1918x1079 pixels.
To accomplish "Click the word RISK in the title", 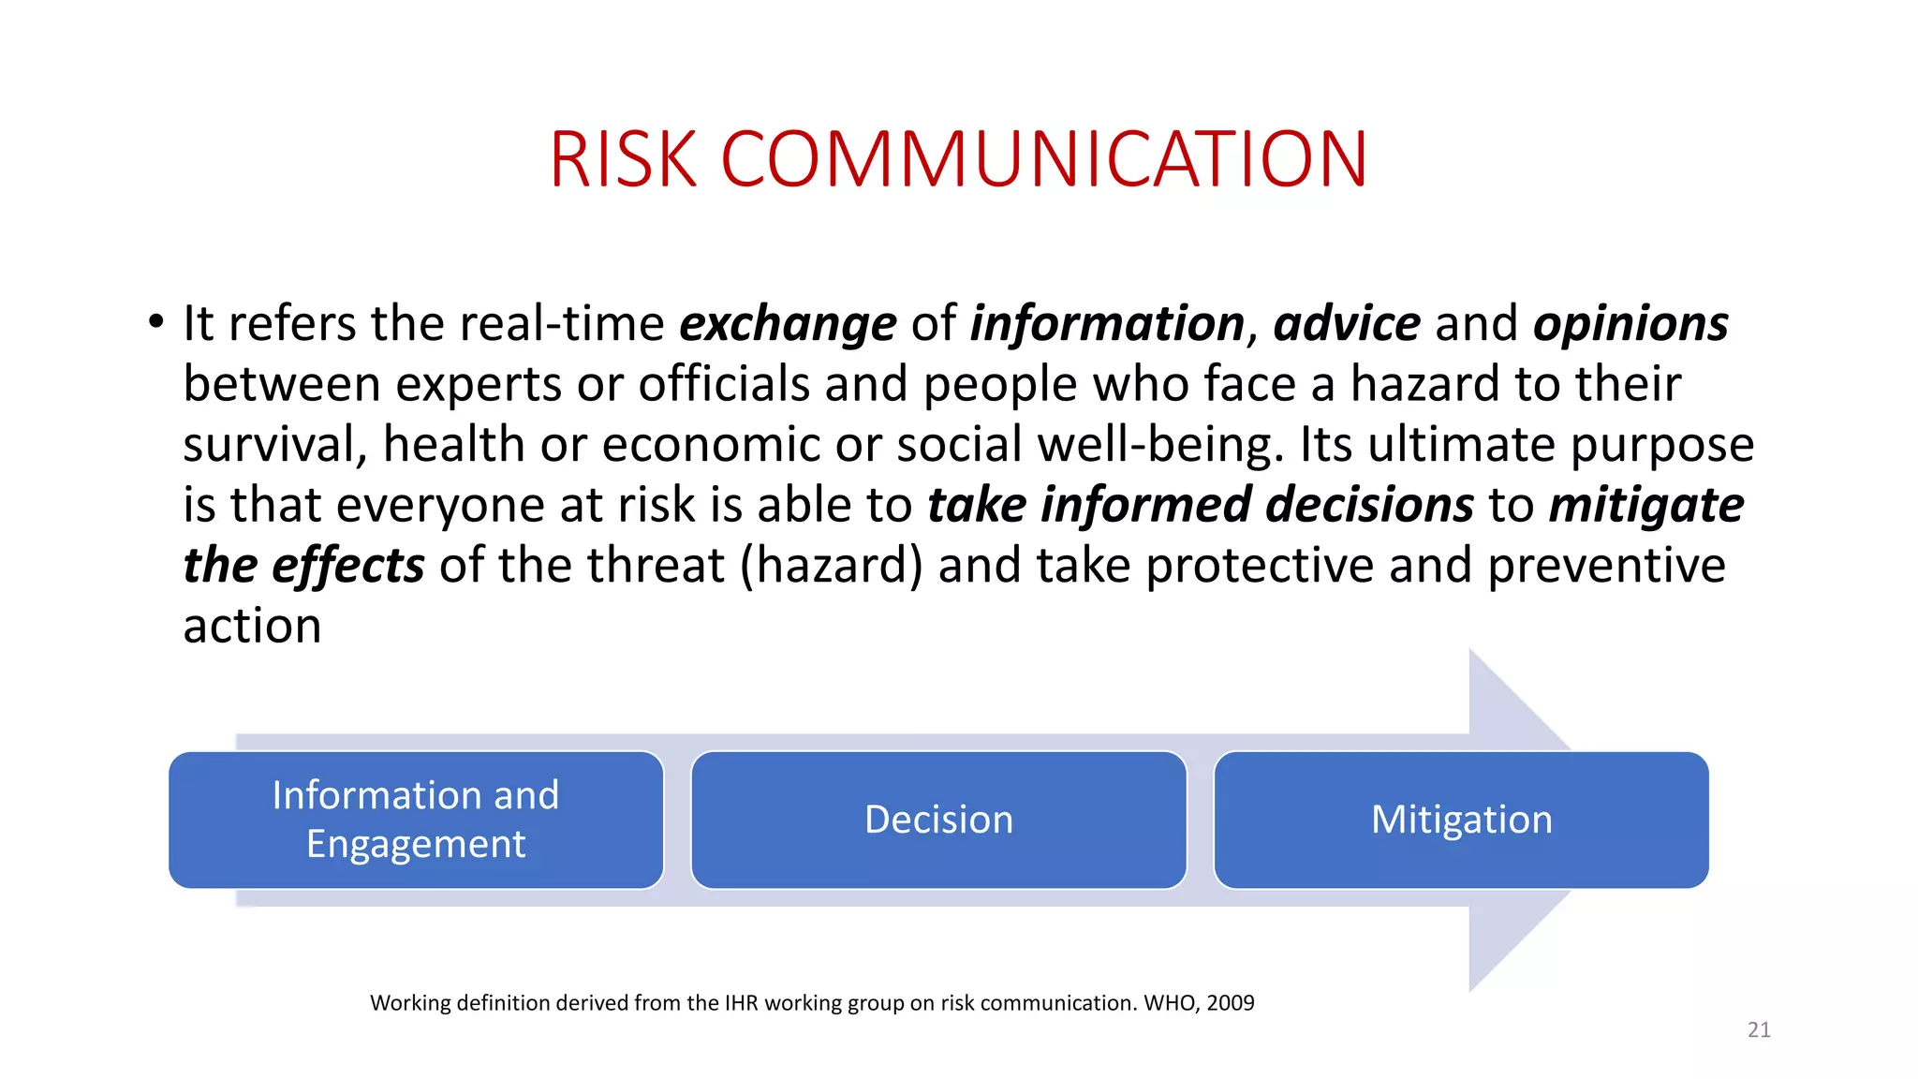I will click(x=624, y=159).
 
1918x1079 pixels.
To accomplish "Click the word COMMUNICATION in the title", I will click(x=1044, y=159).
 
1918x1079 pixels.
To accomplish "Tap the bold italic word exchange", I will click(x=788, y=324).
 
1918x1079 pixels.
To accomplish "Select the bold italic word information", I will click(x=1106, y=324).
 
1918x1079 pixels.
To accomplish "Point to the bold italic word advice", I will click(x=1347, y=324).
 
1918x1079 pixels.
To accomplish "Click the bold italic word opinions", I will click(x=1630, y=324).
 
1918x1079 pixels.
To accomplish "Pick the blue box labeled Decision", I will click(x=938, y=820).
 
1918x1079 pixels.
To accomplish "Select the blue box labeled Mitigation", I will click(x=1461, y=820).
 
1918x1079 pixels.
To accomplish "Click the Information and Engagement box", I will click(x=416, y=820).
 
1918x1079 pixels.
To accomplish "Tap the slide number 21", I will click(x=1759, y=1029).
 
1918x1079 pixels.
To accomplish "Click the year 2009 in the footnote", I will click(x=1230, y=1003).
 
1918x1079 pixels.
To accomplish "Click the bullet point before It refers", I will click(x=155, y=323).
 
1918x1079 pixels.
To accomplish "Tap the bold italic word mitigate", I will click(x=1645, y=506).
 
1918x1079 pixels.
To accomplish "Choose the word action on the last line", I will click(x=252, y=626).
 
